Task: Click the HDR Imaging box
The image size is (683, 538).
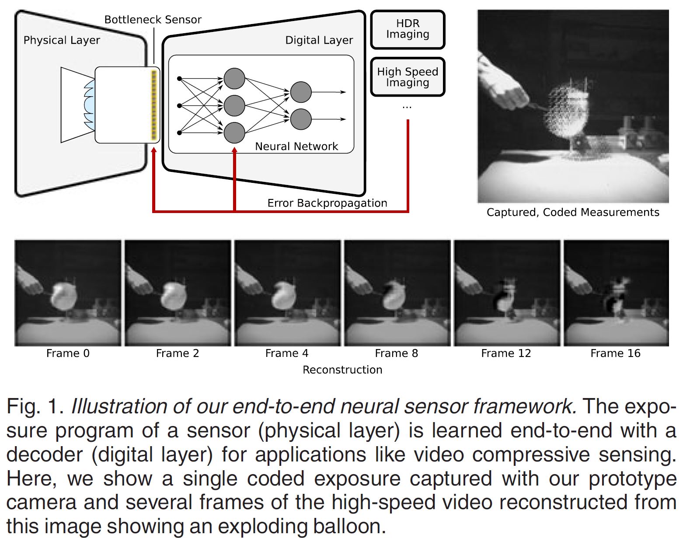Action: (408, 29)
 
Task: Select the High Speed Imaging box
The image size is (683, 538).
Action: (408, 77)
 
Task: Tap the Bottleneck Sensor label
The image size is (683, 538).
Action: (153, 20)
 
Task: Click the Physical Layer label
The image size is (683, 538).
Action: (62, 40)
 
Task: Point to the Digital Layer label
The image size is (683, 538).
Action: (319, 40)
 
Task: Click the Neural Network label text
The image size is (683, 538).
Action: (296, 147)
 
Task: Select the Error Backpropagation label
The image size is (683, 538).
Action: (327, 203)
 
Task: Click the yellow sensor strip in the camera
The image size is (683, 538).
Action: (153, 105)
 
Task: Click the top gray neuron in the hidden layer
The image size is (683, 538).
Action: (234, 79)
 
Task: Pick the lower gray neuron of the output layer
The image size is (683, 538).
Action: (301, 119)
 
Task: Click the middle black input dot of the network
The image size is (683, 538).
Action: (179, 105)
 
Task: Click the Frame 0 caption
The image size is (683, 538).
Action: (68, 353)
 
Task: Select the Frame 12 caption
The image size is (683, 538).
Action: (506, 353)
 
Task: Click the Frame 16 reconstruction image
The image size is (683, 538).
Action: (616, 293)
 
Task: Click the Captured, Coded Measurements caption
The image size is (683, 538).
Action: (573, 213)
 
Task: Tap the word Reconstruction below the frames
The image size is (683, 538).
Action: (342, 370)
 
